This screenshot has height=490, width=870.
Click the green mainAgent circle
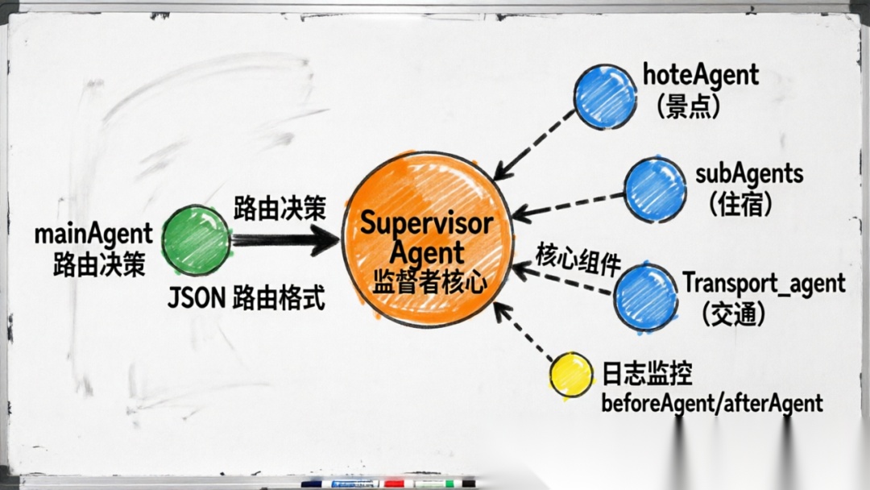[196, 239]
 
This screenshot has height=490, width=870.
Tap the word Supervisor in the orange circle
[425, 223]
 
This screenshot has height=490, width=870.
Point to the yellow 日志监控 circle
[570, 376]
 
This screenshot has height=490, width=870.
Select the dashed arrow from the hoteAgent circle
[535, 144]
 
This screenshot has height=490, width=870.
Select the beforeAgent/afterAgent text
[712, 403]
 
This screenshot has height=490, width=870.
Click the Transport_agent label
[764, 284]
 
